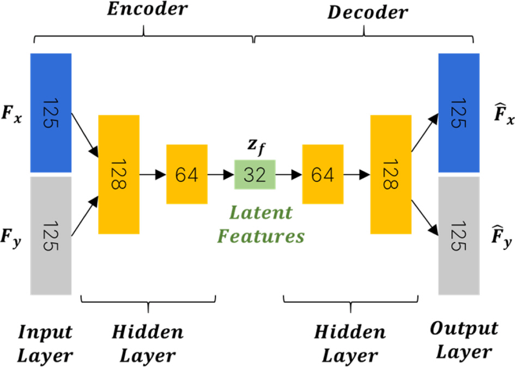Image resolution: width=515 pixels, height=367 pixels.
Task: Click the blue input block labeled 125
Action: (51, 113)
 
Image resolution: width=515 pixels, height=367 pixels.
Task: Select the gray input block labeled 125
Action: (51, 235)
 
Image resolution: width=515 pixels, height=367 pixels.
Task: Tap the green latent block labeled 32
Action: (255, 174)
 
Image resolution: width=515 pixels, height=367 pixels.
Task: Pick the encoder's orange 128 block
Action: (119, 174)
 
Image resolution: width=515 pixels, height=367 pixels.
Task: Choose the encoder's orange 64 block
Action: (187, 174)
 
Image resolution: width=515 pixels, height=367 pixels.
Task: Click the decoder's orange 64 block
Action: (323, 174)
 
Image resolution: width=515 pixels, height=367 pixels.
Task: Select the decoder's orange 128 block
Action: (391, 174)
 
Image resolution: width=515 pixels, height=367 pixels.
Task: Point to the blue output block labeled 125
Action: (459, 113)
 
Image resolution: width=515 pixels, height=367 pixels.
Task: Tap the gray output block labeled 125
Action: (459, 235)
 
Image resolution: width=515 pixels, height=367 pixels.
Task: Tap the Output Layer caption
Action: (464, 340)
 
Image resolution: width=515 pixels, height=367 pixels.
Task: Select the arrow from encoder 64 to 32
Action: (221, 175)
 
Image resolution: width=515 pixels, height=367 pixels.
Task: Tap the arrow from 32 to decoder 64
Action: (289, 175)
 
